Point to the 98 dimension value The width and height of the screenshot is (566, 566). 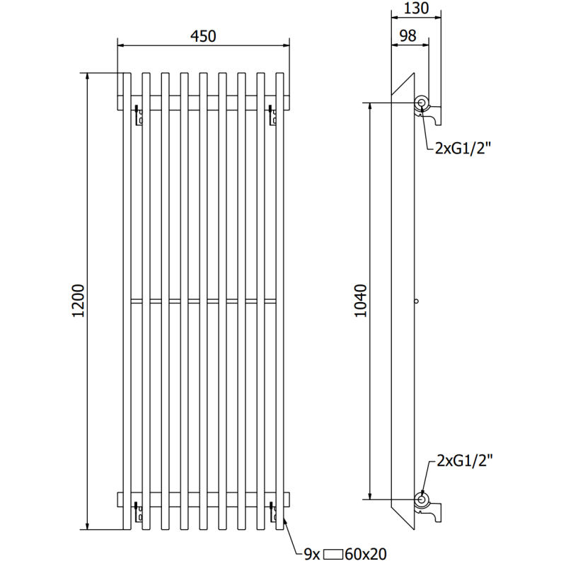(408, 35)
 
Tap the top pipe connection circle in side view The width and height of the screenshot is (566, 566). (422, 103)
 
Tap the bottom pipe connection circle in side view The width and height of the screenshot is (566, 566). (422, 499)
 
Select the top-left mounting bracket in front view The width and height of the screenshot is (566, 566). (138, 115)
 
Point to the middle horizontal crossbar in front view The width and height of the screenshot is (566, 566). (203, 301)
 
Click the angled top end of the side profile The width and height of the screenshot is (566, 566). (403, 83)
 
